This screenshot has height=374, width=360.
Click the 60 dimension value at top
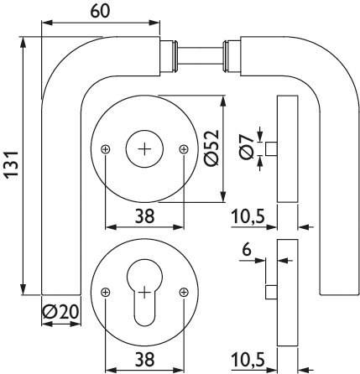pos(100,11)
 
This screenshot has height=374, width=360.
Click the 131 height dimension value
pos(11,164)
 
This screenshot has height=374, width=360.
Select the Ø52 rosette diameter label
pos(211,148)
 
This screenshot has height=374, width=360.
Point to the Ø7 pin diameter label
pos(247,148)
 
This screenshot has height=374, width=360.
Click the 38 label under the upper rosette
pos(144,216)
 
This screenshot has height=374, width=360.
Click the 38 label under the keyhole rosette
pos(144,359)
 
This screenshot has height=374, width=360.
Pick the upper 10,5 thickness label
pos(248,216)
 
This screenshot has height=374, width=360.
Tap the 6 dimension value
pos(247,250)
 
